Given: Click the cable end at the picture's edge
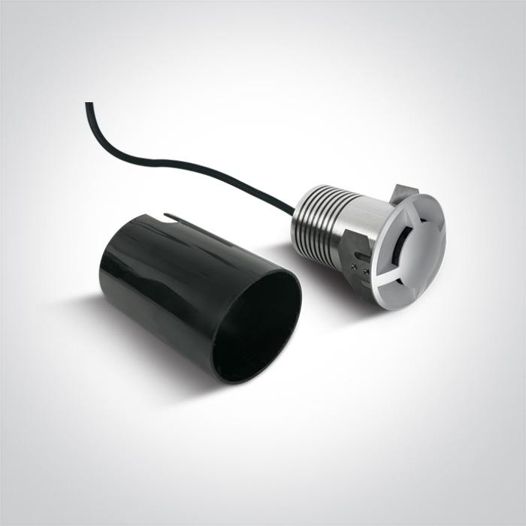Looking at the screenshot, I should [x=89, y=104].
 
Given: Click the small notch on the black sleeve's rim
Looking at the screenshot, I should [x=174, y=219].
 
